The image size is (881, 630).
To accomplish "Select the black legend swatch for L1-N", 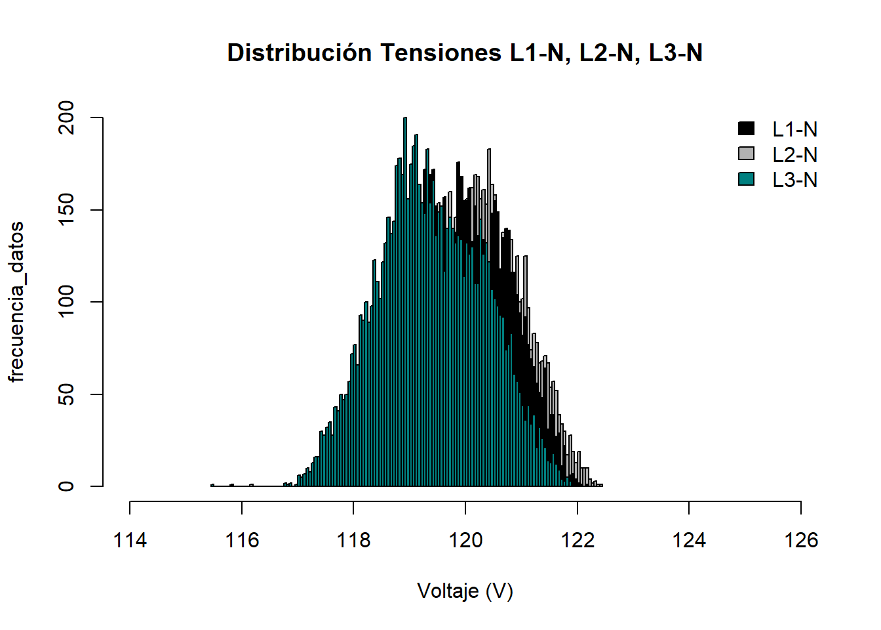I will tap(746, 129).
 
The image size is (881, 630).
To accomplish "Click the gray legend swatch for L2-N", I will tap(746, 154).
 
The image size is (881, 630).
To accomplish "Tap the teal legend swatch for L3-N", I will tap(746, 178).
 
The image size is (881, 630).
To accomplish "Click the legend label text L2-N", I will tap(794, 155).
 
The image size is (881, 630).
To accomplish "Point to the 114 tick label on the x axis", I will tap(130, 540).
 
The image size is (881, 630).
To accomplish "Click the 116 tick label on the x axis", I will tap(242, 540).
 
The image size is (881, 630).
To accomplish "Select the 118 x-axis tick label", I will tap(353, 540).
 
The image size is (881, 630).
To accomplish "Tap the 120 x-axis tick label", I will tap(465, 540).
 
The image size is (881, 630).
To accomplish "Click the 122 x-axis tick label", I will tap(578, 540).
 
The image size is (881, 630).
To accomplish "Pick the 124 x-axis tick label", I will tap(689, 540).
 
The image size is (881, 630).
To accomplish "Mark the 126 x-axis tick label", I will tap(801, 540).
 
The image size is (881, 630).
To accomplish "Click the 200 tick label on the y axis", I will tap(67, 118).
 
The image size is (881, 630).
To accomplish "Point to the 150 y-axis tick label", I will tap(67, 210).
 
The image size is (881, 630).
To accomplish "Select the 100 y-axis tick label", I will tap(67, 302).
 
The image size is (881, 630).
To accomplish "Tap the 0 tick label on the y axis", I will tap(67, 486).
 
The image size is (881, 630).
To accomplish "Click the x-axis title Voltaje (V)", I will tap(465, 591).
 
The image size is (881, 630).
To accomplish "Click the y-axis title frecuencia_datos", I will tap(16, 302).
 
